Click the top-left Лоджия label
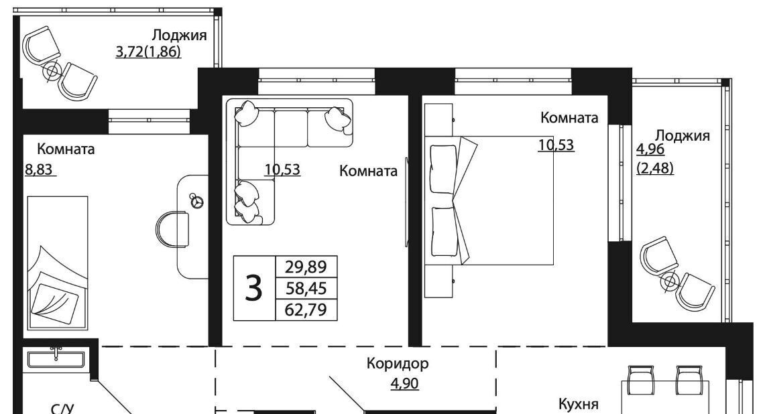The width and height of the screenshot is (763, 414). [179, 36]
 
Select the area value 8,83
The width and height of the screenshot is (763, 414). [39, 170]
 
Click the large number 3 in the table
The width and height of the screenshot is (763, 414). [253, 288]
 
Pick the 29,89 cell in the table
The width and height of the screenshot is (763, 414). [306, 267]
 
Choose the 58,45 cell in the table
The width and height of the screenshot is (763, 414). [306, 288]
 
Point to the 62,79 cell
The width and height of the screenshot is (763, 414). [306, 309]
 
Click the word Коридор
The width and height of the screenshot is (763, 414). [398, 364]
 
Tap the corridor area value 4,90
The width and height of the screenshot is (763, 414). [404, 383]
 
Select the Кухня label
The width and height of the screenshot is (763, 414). [578, 404]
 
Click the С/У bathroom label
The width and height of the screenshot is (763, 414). [62, 409]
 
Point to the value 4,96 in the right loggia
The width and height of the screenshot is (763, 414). [650, 149]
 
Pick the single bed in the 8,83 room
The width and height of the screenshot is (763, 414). [58, 263]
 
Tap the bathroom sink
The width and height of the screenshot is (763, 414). [56, 359]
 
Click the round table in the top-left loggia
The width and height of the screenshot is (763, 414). [51, 72]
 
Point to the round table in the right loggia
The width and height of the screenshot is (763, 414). [670, 281]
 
